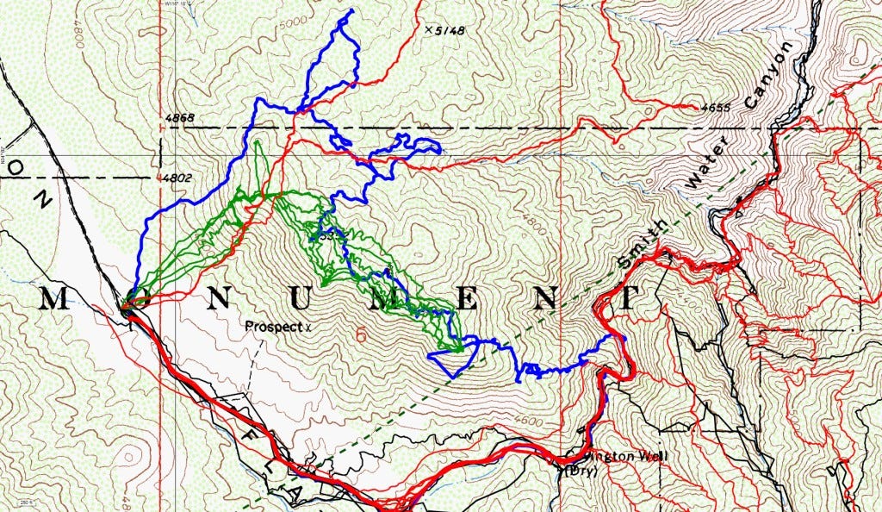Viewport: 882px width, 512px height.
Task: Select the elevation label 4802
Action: (173, 179)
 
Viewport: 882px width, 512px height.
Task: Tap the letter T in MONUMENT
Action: (628, 299)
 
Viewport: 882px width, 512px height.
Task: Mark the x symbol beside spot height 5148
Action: (428, 30)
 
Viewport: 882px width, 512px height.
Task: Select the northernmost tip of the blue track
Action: (352, 11)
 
